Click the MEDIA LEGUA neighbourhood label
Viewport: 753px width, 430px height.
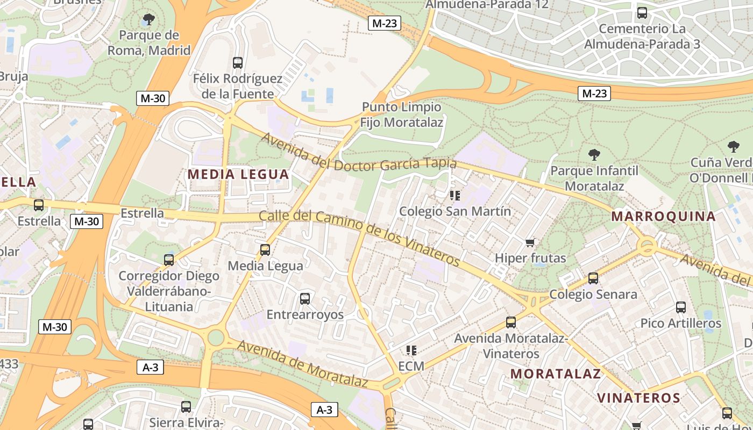[x=238, y=174]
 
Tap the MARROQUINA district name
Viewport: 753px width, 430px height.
[x=663, y=217]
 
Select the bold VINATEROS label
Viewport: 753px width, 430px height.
[x=638, y=398]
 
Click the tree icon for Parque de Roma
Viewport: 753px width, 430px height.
[x=149, y=20]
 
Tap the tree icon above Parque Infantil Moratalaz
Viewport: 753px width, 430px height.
[x=594, y=155]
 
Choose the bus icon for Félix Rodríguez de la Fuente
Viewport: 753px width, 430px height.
[x=238, y=63]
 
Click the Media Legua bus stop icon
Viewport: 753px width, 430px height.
[x=265, y=250]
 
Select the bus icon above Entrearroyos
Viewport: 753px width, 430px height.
[x=305, y=298]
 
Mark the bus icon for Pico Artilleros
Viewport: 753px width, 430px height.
[x=681, y=307]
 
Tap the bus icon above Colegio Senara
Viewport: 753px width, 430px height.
[x=593, y=278]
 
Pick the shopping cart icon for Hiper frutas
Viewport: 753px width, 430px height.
[x=530, y=242]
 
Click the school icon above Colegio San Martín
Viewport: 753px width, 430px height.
[x=455, y=195]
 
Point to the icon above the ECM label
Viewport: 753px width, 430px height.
[x=411, y=350]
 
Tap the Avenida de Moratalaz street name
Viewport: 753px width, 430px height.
[x=302, y=364]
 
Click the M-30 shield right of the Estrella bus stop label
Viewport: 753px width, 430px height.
[x=86, y=221]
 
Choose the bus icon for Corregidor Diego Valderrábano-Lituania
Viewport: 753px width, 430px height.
[x=169, y=260]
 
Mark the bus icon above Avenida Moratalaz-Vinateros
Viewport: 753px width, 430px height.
[x=511, y=322]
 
